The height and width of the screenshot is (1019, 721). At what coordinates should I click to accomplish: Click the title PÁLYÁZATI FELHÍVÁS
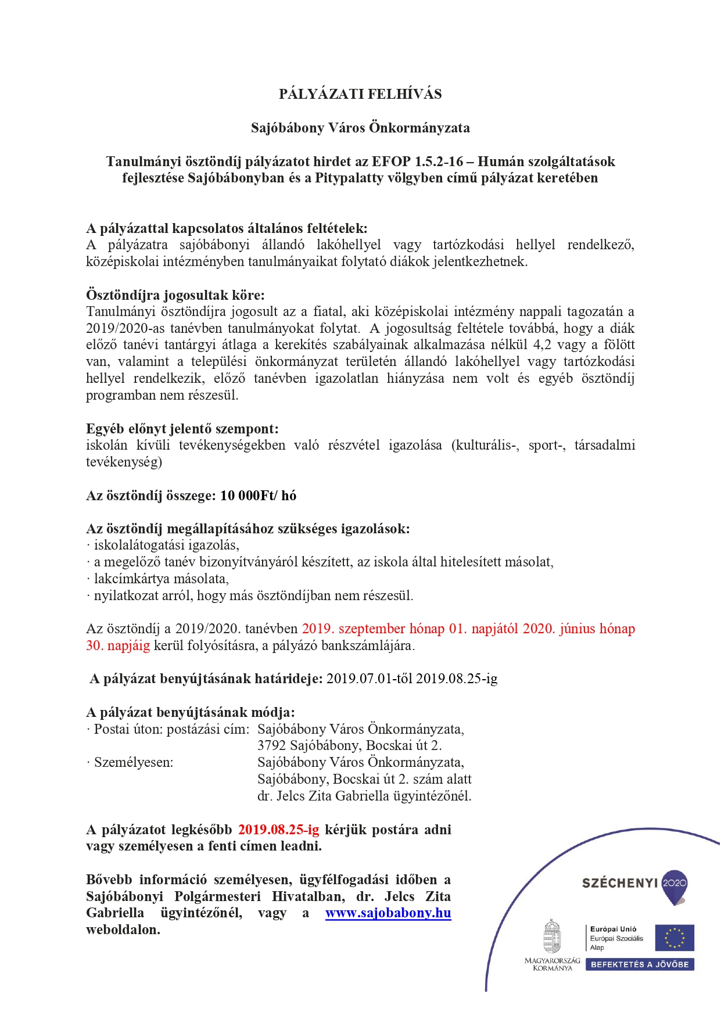coord(360,94)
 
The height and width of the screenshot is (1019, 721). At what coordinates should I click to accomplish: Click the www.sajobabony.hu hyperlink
coord(388,913)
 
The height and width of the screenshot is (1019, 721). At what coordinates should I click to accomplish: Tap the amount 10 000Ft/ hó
coord(258,496)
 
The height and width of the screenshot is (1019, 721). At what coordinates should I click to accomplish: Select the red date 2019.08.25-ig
coord(279,830)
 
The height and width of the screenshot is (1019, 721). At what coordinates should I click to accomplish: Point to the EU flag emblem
coord(674,938)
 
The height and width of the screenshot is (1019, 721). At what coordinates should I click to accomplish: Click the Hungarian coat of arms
coord(551,936)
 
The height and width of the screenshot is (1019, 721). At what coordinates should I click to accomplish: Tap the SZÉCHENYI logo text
coord(620,883)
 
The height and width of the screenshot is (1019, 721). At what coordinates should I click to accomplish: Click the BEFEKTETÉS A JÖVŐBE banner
coord(640,964)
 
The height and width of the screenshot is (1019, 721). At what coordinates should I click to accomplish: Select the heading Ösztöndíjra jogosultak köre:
coord(175,295)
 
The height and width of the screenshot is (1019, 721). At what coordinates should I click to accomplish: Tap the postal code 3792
coord(271,745)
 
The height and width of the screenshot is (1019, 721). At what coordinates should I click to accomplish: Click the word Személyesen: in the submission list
coord(134,762)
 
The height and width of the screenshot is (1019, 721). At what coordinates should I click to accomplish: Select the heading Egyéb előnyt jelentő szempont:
coord(182,429)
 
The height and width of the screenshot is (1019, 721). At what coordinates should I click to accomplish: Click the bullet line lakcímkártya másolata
coord(161,579)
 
